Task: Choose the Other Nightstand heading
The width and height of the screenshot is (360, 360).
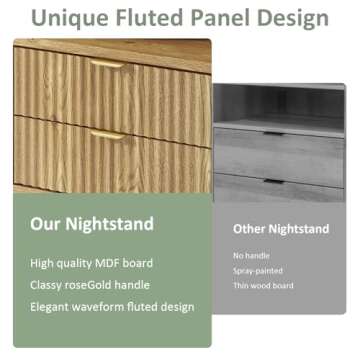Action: (x=281, y=229)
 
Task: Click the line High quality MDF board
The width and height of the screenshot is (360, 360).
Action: (x=91, y=263)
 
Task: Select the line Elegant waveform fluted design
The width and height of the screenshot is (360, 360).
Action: (x=111, y=307)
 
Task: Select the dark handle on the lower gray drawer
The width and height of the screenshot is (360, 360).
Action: (x=273, y=181)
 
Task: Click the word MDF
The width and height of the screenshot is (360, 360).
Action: (x=110, y=263)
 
